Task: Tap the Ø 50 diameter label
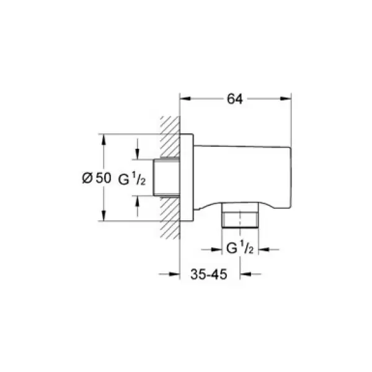point(96,178)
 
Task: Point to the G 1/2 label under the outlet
point(239,250)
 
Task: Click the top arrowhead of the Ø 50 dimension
point(104,137)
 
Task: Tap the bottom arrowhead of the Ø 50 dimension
point(104,218)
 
